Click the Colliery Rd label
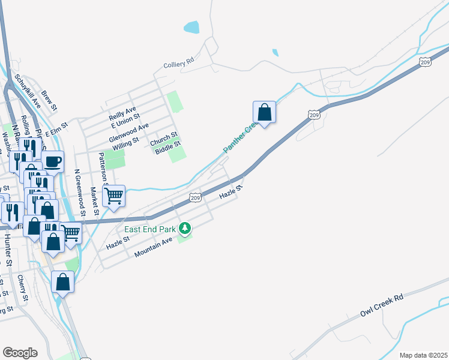point(179,62)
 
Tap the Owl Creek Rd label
point(382,305)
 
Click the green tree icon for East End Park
point(185,229)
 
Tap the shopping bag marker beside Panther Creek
point(264,112)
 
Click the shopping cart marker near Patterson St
point(113,196)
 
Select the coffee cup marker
point(52,161)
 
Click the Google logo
point(20,352)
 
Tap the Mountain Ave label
point(153,246)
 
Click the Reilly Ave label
point(122,111)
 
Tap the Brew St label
point(49,101)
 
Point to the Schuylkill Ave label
point(28,90)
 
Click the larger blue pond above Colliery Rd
point(191,27)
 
